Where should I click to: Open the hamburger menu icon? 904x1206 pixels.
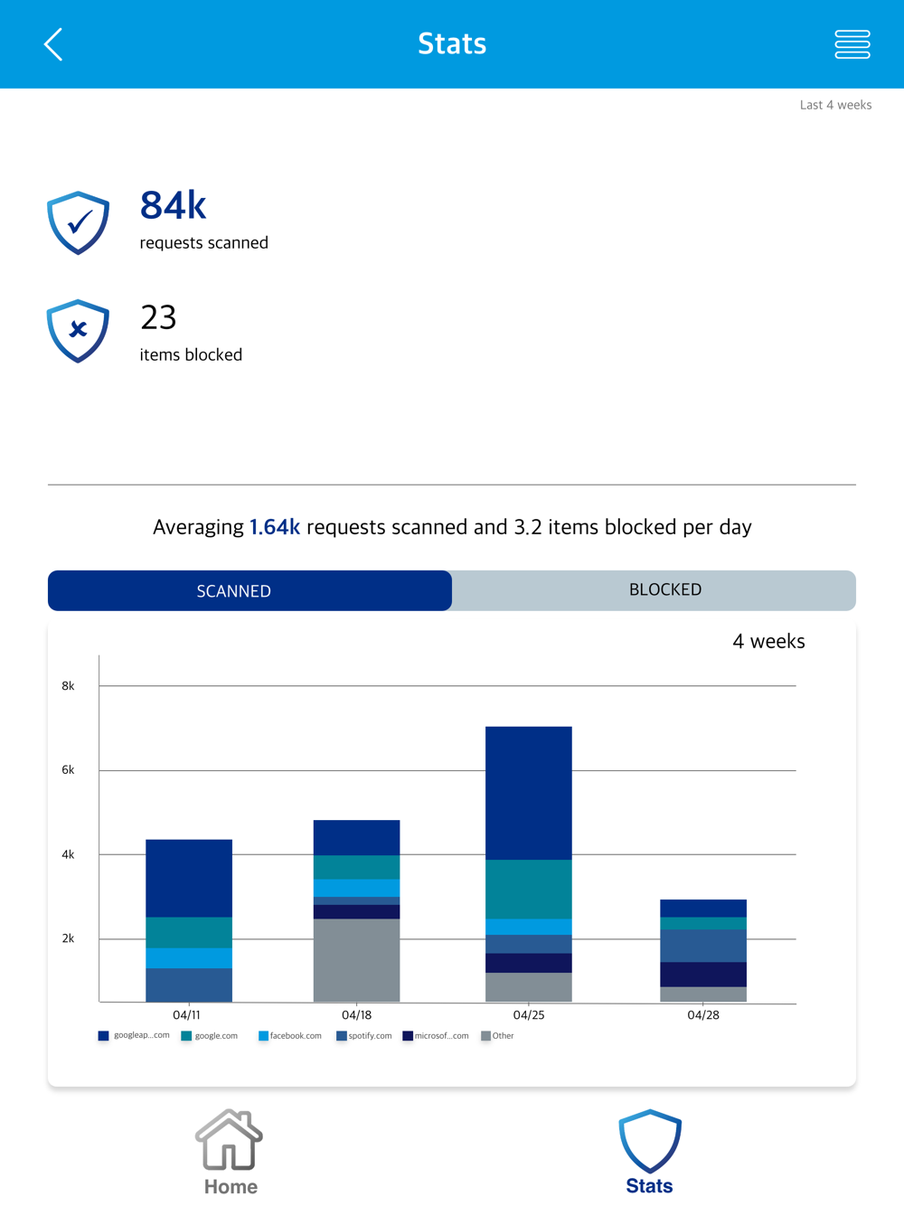point(852,44)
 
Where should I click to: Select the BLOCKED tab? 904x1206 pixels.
point(664,589)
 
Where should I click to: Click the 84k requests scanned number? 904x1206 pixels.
point(174,206)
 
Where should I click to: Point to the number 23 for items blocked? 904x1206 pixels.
point(158,317)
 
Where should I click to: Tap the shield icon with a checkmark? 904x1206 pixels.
point(79,222)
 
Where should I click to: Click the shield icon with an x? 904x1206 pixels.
point(79,331)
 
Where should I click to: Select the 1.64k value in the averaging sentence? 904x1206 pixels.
point(275,527)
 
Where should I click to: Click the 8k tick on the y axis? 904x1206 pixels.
point(68,686)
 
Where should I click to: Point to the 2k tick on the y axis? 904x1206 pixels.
point(68,938)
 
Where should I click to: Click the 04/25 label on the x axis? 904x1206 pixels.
point(529,1015)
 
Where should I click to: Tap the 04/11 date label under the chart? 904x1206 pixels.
point(187,1015)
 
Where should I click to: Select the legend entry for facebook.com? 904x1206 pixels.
point(290,1036)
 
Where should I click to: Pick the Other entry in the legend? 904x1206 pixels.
point(498,1036)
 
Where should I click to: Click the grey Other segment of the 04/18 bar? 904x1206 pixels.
point(357,960)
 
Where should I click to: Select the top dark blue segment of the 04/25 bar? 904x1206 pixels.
point(529,793)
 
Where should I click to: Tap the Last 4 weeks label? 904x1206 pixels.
point(835,105)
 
